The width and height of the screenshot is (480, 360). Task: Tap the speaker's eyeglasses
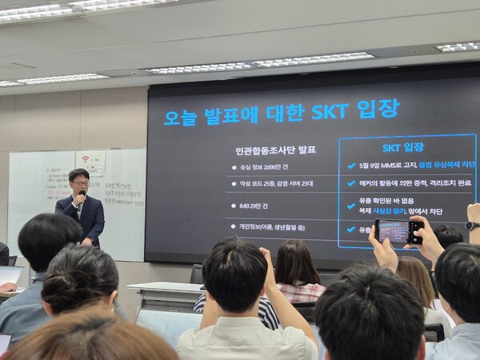pos(80,182)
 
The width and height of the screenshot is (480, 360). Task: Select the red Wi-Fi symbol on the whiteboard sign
pos(86,159)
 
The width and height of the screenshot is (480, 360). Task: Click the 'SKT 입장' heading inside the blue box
pos(403,147)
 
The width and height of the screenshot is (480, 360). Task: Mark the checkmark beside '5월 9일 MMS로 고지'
pos(351,166)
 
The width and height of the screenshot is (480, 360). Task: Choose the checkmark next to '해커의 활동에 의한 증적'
pos(351,183)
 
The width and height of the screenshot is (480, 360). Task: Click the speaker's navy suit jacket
pos(90,218)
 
